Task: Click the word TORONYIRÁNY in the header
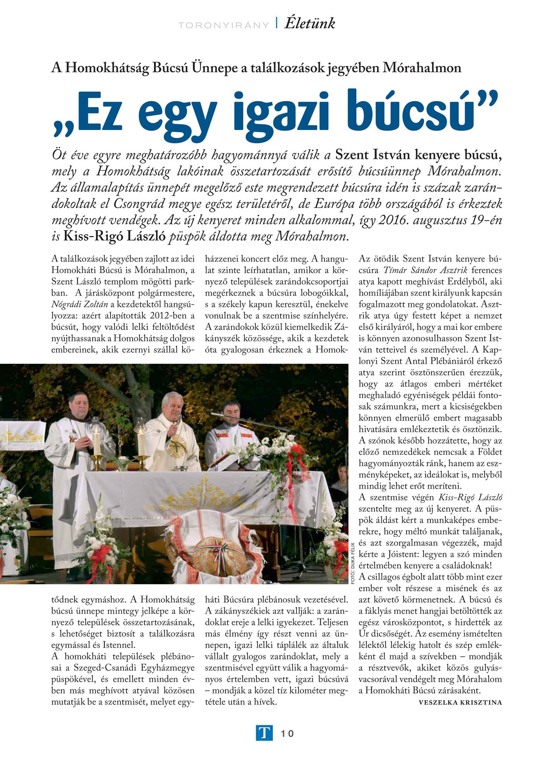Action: click(223, 25)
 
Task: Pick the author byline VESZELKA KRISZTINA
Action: click(460, 702)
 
